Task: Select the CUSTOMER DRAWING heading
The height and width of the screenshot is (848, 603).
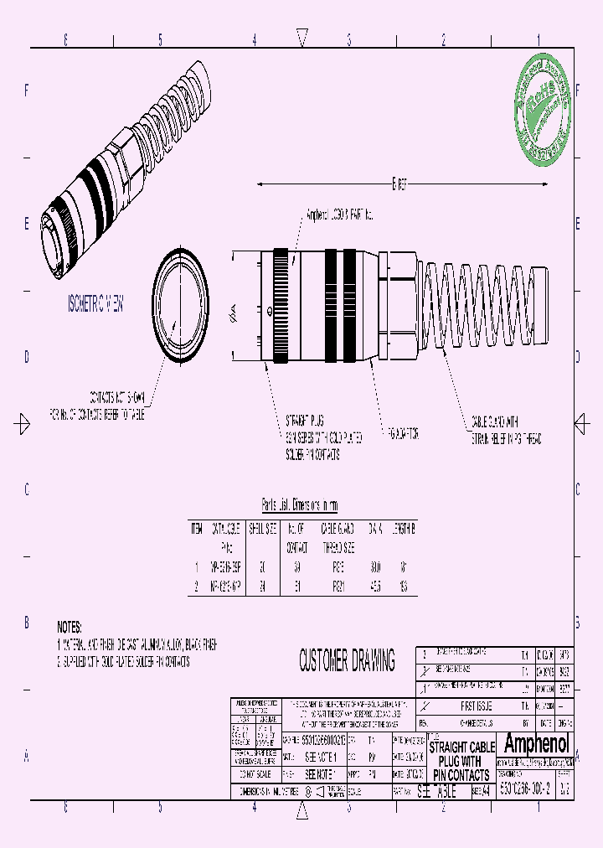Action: (x=347, y=661)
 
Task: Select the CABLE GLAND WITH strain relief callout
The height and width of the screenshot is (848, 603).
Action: (x=507, y=429)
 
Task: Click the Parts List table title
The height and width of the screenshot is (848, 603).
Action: (x=300, y=505)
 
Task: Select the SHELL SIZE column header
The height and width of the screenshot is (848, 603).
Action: (x=262, y=529)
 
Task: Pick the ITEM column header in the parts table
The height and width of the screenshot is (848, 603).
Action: (x=197, y=529)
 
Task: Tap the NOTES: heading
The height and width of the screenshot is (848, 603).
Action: (x=71, y=627)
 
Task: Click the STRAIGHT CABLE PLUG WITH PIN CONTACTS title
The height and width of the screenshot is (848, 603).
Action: (x=461, y=760)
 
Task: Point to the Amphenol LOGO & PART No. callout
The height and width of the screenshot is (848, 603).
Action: (x=339, y=215)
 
